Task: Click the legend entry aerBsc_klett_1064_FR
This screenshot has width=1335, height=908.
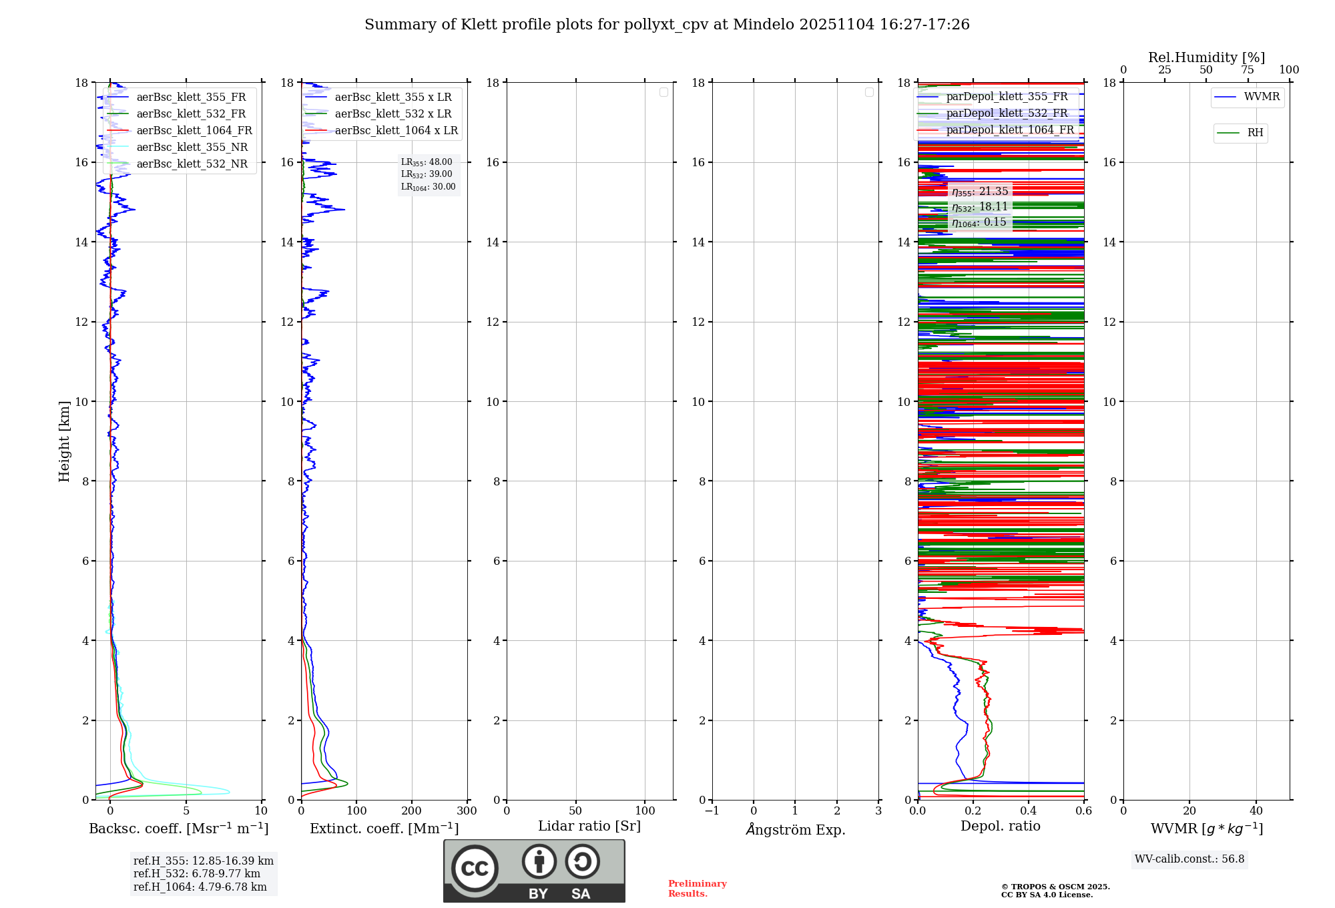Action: pos(194,131)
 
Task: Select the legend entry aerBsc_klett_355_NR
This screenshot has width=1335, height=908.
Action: pos(192,148)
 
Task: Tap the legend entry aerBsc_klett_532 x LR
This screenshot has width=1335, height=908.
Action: pos(393,114)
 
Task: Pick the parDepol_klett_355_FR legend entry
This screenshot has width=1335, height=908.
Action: pos(1007,97)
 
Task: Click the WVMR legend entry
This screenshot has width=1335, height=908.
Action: pos(1262,97)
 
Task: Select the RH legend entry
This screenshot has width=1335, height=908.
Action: pos(1255,133)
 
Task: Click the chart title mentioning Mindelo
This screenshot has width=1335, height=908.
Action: pos(667,25)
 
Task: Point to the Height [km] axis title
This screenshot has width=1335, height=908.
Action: pos(64,441)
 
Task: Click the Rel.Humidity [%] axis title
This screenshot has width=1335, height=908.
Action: pos(1206,57)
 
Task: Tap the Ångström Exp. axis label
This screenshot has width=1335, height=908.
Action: pos(795,829)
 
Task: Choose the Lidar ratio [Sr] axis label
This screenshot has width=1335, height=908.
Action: pos(589,827)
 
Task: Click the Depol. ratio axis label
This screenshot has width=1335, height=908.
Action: pos(1000,827)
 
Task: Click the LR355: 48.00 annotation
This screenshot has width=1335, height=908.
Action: pos(427,162)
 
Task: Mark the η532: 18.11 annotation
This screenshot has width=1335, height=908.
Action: pos(980,207)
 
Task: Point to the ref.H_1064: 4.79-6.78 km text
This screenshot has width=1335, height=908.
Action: pos(200,887)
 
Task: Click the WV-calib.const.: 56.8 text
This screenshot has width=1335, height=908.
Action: pos(1189,859)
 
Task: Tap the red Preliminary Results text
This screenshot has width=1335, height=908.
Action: pos(697,889)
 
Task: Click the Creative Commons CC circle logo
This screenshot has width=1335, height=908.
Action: pos(475,869)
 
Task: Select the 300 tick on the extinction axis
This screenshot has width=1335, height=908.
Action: pos(467,811)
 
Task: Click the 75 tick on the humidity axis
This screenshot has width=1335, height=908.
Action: pos(1248,70)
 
